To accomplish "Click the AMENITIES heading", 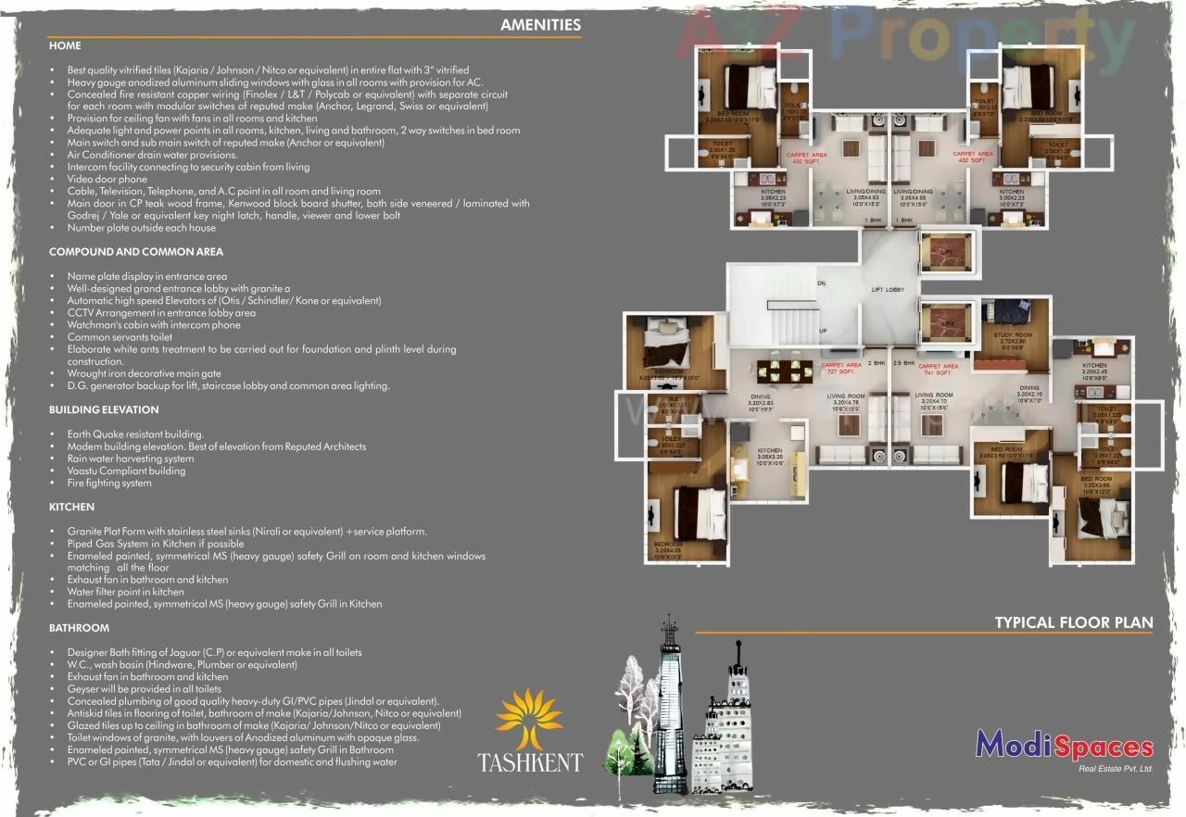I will coord(540,25).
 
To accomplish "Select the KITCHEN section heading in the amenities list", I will coord(72,507).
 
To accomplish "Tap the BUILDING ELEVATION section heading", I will coord(104,409).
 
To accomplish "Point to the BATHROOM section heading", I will coord(79,628).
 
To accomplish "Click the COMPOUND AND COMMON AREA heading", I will coord(136,251).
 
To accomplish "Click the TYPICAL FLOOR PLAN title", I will coord(1074,622).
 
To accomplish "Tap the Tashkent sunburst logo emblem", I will coord(529,718).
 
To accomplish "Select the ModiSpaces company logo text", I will coord(1065,746).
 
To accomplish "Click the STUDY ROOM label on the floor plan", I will coord(1010,335).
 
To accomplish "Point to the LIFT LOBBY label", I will coord(888,290).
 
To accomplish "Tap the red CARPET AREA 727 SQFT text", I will coord(841,368).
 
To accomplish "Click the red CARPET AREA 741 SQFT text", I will coord(938,368).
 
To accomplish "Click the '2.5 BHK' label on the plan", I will coord(903,363).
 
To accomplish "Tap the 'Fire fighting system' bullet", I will coord(109,483).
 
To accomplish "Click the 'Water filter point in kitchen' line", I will coord(125,591).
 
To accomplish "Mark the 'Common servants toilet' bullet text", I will coord(120,337).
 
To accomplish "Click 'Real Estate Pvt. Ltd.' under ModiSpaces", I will coord(1116,769).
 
